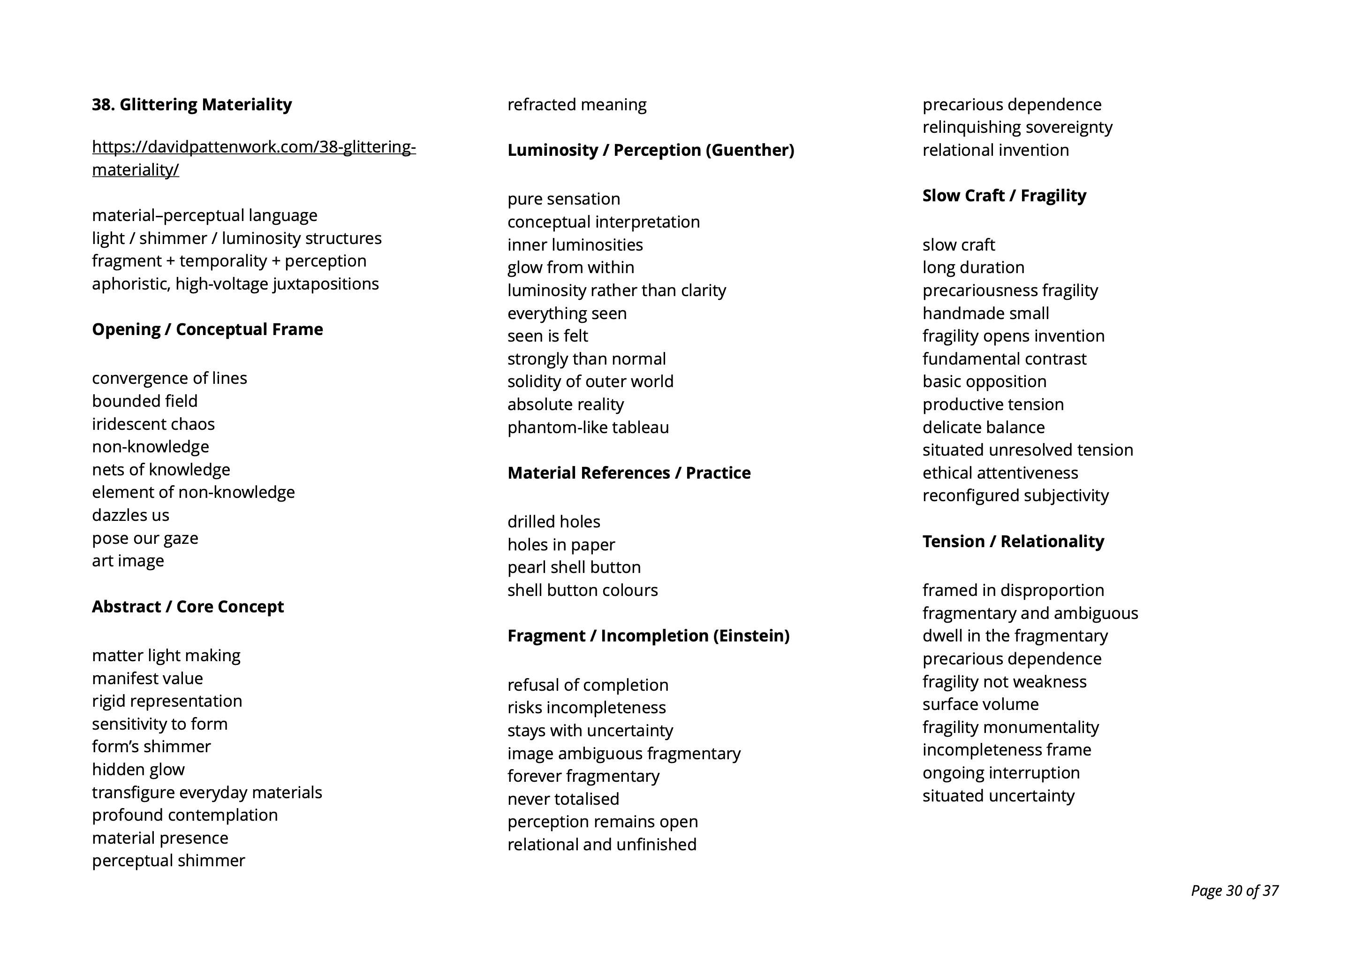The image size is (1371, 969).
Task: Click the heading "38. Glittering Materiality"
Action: tap(192, 105)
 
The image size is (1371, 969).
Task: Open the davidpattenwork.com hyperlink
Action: tap(253, 147)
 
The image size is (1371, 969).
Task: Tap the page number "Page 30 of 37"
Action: tap(1234, 891)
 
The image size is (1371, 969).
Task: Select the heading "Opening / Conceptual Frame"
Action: tap(207, 329)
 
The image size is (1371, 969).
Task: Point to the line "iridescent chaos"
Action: tap(153, 424)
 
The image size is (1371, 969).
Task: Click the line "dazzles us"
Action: tap(130, 515)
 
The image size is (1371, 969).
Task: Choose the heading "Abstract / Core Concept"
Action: tap(188, 606)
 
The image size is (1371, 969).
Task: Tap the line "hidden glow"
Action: tap(138, 770)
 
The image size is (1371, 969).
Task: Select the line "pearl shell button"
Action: tap(574, 567)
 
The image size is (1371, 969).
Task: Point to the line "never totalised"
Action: tap(563, 799)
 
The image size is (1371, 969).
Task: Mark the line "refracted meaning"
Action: tap(576, 105)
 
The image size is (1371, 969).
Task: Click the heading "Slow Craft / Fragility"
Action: tap(1004, 195)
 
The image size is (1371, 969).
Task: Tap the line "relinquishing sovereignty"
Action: tap(1017, 127)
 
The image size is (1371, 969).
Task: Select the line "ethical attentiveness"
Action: tap(1000, 473)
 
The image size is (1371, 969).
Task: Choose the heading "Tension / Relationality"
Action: tap(1013, 541)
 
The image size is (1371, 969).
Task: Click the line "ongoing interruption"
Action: tap(1001, 773)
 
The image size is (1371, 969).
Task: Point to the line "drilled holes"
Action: tap(553, 521)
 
